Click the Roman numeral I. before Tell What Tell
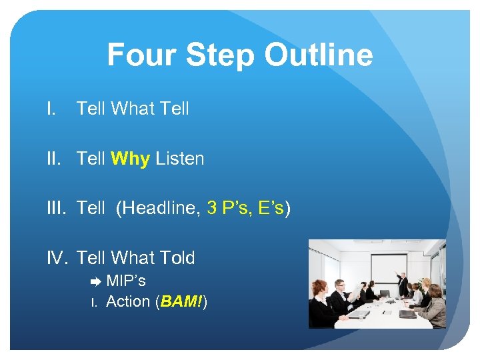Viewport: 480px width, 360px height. tap(51, 108)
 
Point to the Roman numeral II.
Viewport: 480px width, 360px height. tap(55, 159)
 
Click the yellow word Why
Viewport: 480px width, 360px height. tap(131, 159)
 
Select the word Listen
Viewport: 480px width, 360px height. tap(179, 159)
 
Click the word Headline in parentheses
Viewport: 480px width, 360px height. tap(160, 209)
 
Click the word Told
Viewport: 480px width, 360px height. tap(173, 258)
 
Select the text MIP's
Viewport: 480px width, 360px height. tap(126, 281)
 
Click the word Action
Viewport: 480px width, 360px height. tap(128, 301)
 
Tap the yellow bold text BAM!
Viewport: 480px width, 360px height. tap(181, 301)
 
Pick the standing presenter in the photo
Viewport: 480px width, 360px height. tap(404, 284)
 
